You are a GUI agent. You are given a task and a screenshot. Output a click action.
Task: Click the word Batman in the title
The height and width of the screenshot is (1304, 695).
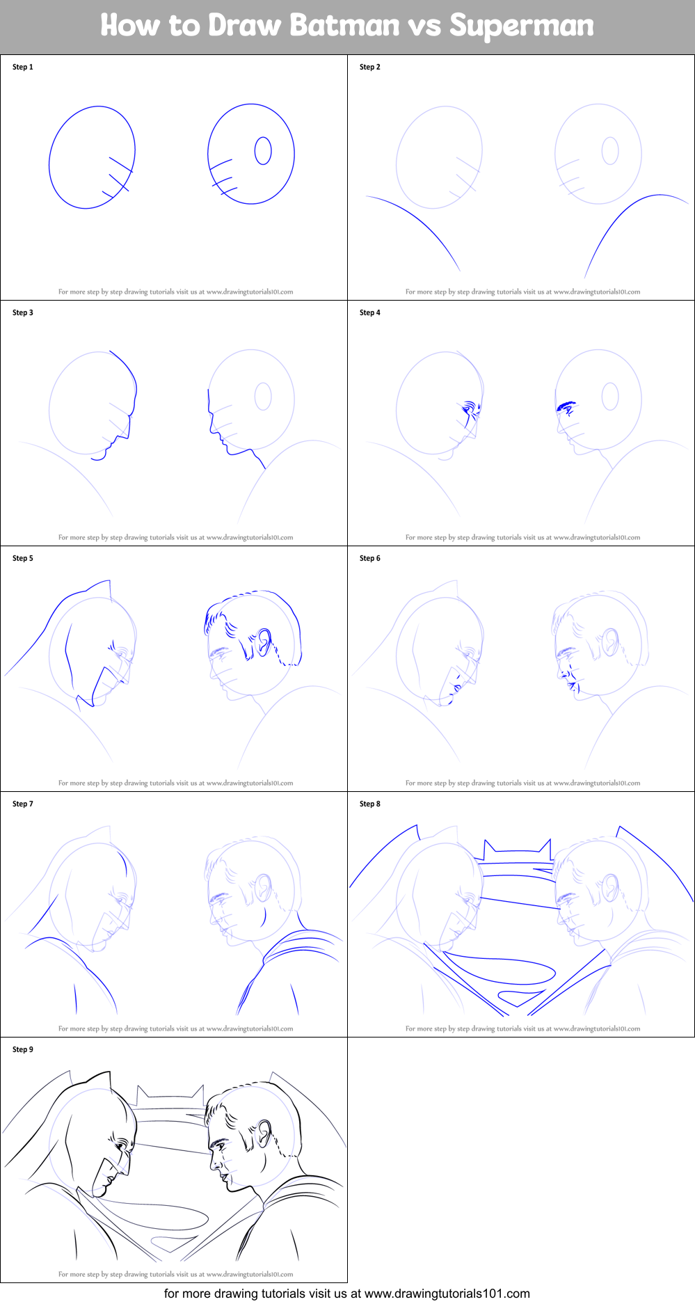coord(344,26)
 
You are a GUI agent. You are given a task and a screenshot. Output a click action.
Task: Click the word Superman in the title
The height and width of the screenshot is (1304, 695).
coord(522,26)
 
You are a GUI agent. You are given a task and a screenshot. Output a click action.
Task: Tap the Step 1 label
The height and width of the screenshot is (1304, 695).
coord(23,67)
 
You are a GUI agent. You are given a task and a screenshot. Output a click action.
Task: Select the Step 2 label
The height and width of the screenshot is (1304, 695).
coord(370,67)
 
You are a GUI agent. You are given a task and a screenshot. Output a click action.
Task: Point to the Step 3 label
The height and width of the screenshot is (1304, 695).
coord(23,313)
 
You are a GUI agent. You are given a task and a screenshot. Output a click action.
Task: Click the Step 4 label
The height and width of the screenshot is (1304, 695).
coord(370,313)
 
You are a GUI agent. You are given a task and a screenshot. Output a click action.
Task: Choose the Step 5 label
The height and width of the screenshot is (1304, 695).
coord(23,559)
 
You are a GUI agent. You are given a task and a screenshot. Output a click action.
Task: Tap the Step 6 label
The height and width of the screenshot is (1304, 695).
coord(370,559)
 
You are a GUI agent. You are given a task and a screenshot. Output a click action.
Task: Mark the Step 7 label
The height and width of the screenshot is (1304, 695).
coord(23,804)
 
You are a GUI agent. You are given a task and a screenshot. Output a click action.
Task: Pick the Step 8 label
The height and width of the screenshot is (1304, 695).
coord(370,804)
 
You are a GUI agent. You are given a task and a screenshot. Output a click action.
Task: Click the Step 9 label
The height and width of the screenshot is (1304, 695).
coord(23,1050)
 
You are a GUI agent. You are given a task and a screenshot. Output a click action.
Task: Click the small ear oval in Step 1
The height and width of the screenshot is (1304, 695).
coord(263,150)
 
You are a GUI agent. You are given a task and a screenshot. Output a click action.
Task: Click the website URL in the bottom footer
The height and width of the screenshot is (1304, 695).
coord(447,1294)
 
